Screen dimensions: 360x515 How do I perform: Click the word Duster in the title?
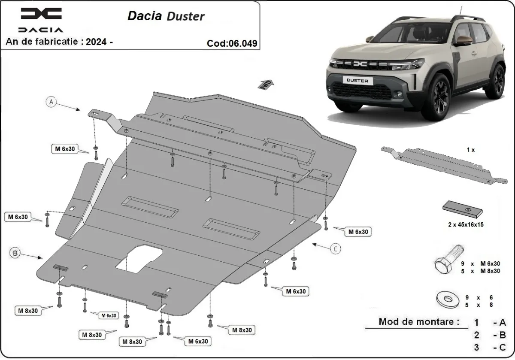coord(187,16)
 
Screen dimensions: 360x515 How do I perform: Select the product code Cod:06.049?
coord(232,43)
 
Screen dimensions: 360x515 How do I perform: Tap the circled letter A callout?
coord(51,102)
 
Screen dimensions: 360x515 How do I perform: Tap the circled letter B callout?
coord(15,253)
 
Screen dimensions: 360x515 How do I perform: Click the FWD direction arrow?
coord(265,84)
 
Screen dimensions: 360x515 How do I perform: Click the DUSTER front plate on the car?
coord(357,80)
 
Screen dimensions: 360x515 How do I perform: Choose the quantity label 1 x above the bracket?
coord(471,150)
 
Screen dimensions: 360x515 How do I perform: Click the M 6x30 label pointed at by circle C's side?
coord(358,232)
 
